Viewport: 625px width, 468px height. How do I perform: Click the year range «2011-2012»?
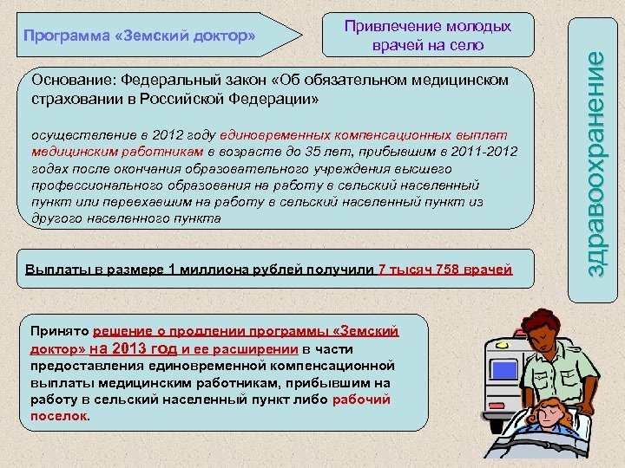pyautogui.click(x=483, y=152)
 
